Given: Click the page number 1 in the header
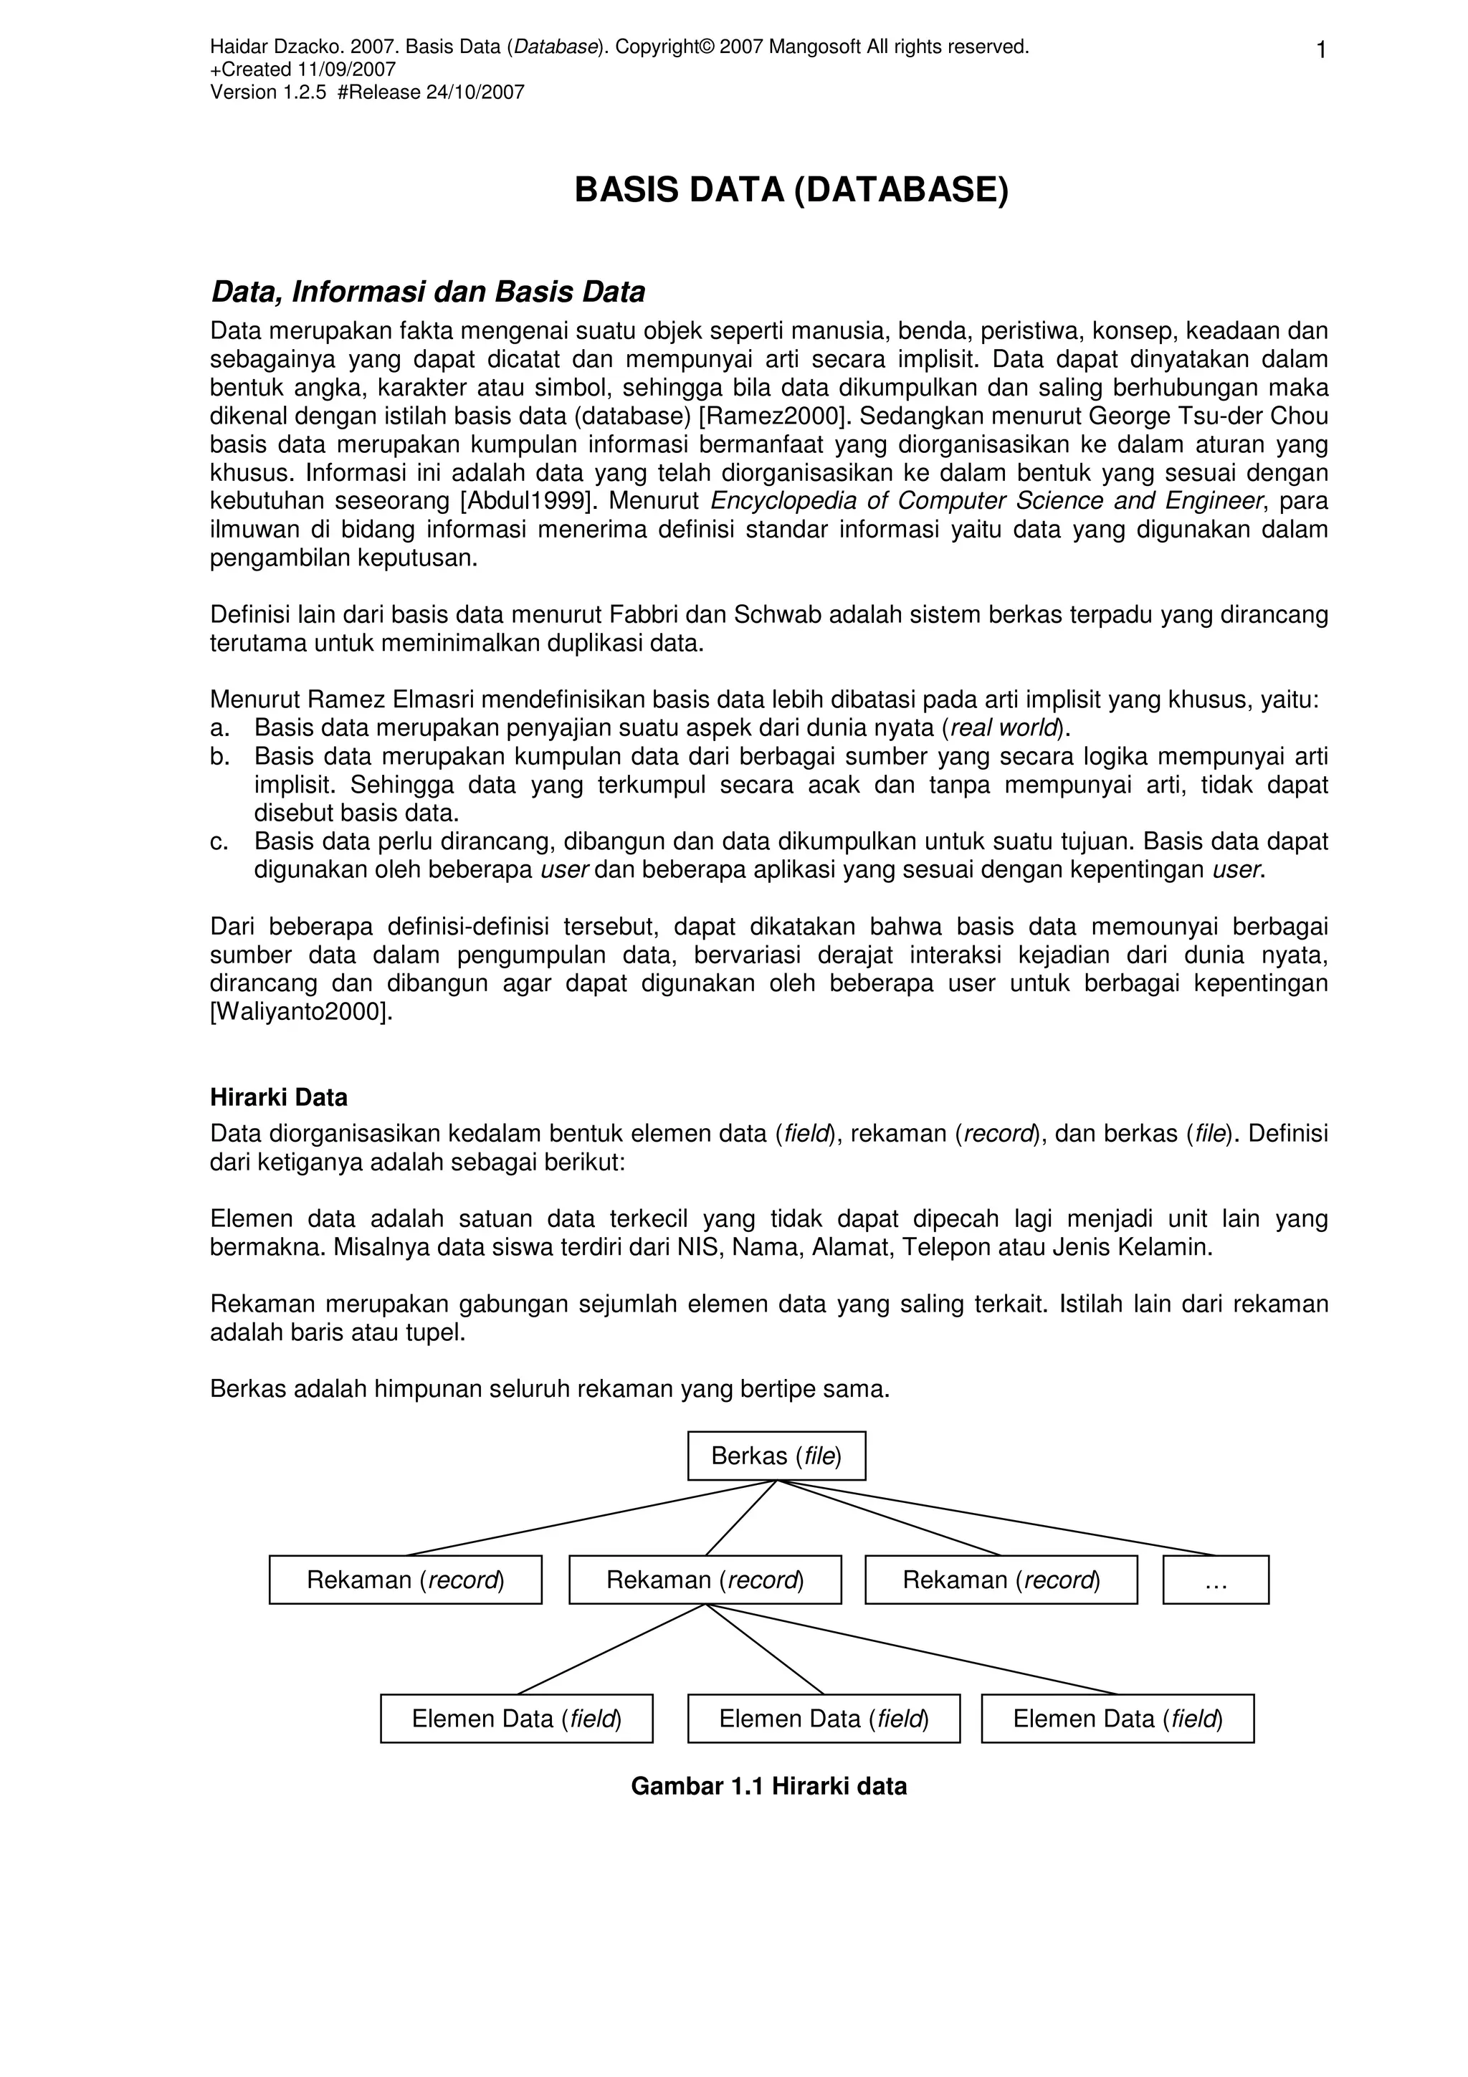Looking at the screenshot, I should point(1320,51).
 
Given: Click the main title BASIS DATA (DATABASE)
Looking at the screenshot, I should point(791,191).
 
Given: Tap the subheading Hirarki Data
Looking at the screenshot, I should point(279,1097).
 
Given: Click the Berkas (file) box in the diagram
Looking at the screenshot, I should point(776,1456).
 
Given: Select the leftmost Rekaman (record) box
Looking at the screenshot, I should point(405,1580).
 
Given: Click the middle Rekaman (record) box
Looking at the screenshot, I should point(705,1580).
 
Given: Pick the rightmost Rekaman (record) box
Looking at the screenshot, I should point(1001,1580).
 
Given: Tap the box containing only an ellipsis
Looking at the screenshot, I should point(1216,1580).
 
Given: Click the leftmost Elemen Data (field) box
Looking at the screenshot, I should point(517,1718).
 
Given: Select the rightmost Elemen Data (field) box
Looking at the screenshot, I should point(1117,1718).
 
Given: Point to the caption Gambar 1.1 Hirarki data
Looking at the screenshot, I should point(768,1787).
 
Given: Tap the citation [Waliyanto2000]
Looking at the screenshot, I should point(301,1011).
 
